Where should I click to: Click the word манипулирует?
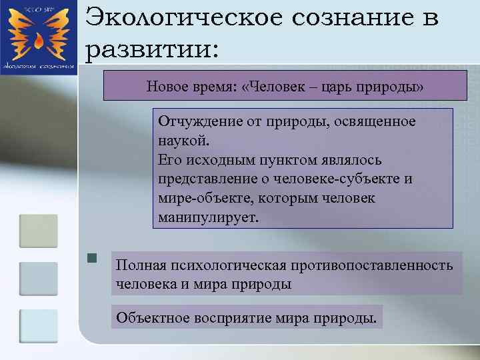(207, 218)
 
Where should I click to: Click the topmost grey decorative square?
(38, 231)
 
